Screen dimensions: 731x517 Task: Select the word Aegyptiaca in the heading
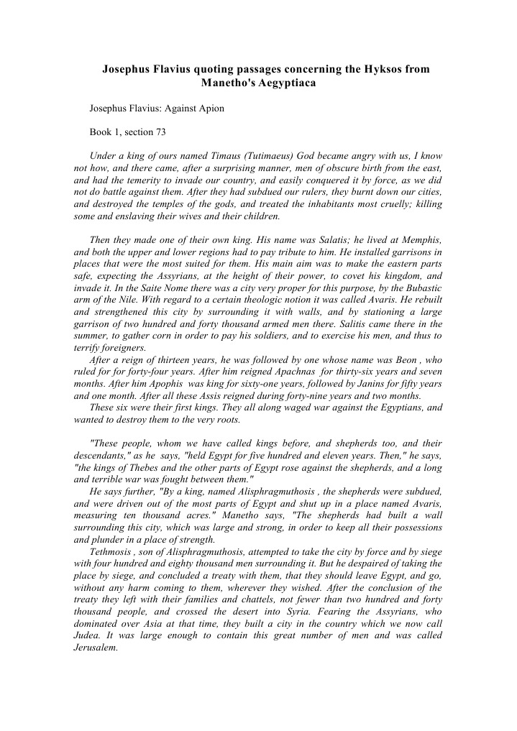click(x=284, y=83)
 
